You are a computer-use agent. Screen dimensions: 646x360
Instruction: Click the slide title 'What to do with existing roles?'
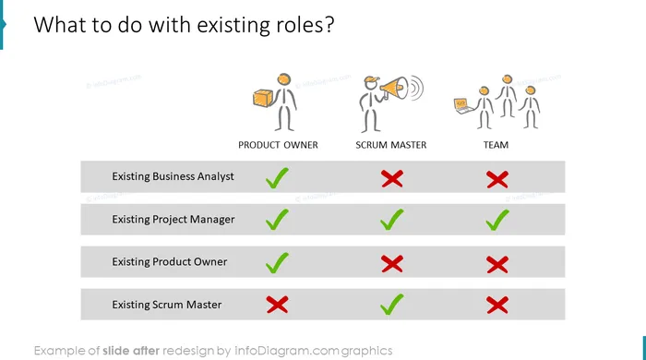[184, 25]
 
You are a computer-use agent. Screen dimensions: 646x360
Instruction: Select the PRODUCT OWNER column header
[278, 145]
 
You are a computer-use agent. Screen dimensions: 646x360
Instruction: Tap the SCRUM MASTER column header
[391, 145]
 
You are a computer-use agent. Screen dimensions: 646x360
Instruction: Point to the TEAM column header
[496, 145]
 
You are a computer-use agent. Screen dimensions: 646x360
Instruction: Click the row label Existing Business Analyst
[173, 176]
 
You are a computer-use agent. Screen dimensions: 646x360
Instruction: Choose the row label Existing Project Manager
[173, 219]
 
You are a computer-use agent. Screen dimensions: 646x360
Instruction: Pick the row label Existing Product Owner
[169, 261]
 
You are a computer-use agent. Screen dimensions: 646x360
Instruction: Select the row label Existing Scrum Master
[167, 305]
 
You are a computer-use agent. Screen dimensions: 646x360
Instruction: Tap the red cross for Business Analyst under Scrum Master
[392, 179]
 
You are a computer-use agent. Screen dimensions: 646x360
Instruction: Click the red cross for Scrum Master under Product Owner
[277, 305]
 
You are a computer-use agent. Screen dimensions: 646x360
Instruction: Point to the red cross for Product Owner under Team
[497, 264]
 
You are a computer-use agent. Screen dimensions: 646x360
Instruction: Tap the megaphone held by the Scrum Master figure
[394, 88]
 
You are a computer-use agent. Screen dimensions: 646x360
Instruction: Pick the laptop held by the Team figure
[463, 106]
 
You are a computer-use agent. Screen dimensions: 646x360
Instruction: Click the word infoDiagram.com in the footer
[287, 351]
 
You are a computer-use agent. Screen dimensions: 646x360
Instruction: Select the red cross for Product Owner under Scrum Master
[392, 264]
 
